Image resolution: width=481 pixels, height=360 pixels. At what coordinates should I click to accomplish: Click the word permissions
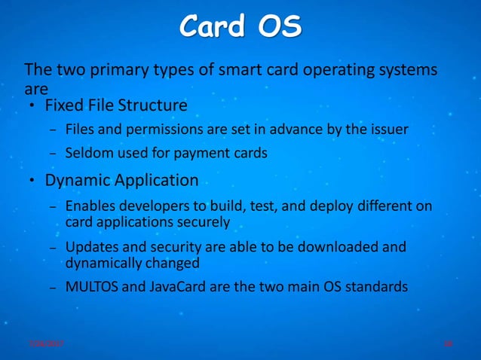point(159,130)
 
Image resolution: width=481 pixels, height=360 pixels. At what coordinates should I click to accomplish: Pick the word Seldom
point(87,153)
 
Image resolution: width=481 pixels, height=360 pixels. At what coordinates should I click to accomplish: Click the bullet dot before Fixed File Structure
point(32,104)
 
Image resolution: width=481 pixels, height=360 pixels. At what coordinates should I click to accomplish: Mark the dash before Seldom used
point(52,154)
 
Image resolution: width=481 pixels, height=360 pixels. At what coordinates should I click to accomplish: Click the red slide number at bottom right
point(448,343)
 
